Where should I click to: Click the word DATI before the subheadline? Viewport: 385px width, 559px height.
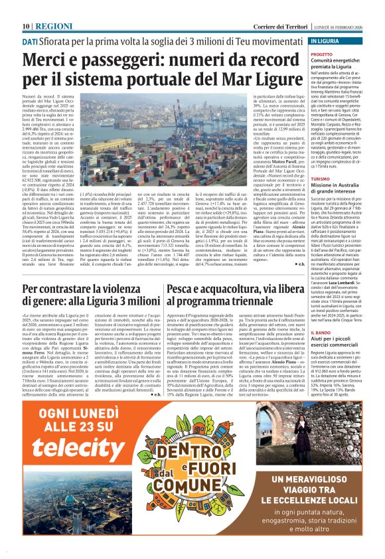[30, 41]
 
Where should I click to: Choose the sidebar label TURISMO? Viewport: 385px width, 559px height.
[321, 179]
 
